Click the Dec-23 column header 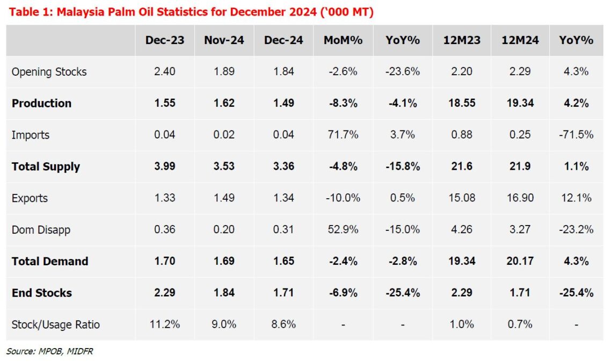[164, 40]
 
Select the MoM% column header [343, 40]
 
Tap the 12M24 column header [520, 40]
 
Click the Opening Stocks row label [49, 72]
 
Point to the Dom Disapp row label [41, 230]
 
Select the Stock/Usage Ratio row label [55, 324]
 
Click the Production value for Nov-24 [224, 103]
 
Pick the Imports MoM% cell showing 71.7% [343, 135]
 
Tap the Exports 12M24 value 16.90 [520, 198]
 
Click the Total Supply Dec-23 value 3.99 [164, 166]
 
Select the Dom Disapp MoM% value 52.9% [343, 230]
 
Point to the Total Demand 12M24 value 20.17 [520, 262]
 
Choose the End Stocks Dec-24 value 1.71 [283, 293]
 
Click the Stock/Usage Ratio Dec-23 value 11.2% [164, 324]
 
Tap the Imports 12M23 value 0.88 [462, 135]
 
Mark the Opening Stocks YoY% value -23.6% [402, 72]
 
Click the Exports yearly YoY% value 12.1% [576, 198]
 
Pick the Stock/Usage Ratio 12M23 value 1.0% [462, 324]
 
